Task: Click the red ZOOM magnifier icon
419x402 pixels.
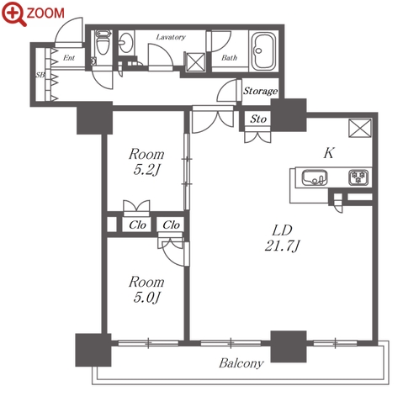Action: pos(14,13)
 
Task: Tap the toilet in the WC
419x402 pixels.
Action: pos(102,43)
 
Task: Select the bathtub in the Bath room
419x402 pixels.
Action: pos(263,51)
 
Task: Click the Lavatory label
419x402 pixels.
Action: pos(171,37)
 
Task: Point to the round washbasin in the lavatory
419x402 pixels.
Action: pos(125,43)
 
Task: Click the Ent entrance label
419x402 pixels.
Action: pos(69,58)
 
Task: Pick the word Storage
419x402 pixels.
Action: pos(260,91)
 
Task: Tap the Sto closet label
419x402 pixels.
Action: pos(258,119)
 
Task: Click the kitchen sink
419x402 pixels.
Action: pos(315,177)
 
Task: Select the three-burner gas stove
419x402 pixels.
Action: pos(358,177)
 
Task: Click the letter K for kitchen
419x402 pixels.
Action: pos(329,153)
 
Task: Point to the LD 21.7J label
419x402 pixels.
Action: pos(283,238)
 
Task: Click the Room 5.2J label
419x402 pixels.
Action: pos(146,161)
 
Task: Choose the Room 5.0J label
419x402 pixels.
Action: pos(146,289)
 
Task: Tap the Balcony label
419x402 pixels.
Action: pos(241,363)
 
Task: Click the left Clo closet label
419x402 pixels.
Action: pos(137,225)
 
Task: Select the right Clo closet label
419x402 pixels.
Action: pos(171,225)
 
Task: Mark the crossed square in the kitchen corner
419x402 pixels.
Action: pos(360,128)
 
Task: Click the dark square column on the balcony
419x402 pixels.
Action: pos(289,346)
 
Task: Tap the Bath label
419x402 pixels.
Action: pos(229,58)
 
